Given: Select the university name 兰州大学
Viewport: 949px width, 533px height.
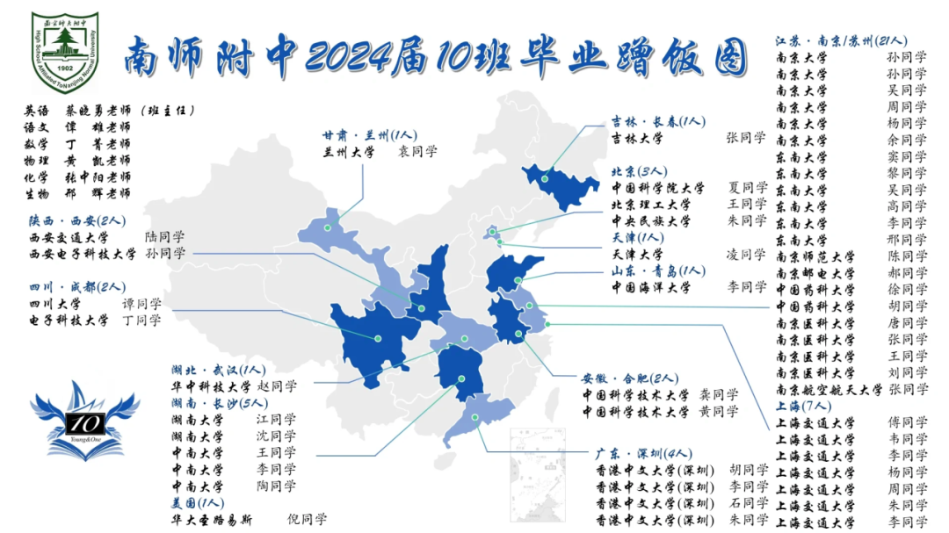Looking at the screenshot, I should coord(349,152).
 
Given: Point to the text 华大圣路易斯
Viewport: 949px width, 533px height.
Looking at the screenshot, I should coord(212,519).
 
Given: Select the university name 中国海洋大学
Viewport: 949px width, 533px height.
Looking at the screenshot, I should coord(650,287).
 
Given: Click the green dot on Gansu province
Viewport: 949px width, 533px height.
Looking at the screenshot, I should coord(328,227).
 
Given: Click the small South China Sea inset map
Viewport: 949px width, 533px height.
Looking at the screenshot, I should coord(538,474).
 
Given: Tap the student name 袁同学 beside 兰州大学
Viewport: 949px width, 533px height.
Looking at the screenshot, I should coord(417,152).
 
